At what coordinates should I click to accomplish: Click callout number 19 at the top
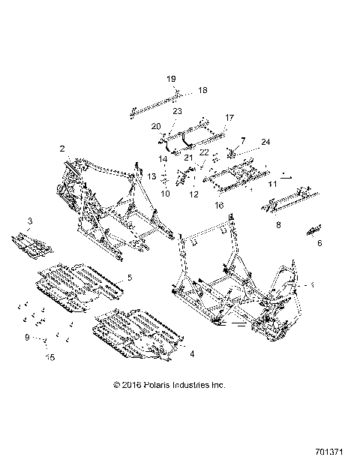(x=170, y=79)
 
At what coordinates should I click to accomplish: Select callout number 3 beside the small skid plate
(x=29, y=220)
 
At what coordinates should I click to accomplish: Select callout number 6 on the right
(x=319, y=243)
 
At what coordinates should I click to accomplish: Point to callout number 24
(x=265, y=141)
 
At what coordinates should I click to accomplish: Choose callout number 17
(x=229, y=117)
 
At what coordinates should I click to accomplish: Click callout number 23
(x=177, y=111)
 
